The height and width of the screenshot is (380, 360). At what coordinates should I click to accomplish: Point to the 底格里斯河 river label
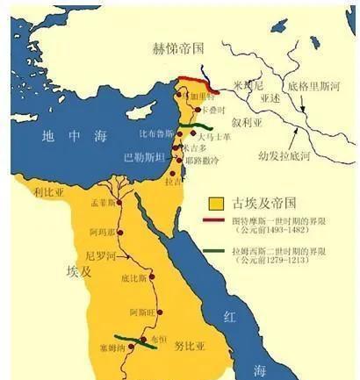coord(317,89)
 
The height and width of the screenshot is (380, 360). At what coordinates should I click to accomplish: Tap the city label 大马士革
coord(213,137)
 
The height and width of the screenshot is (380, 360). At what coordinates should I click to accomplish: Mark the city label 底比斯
coord(133,278)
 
